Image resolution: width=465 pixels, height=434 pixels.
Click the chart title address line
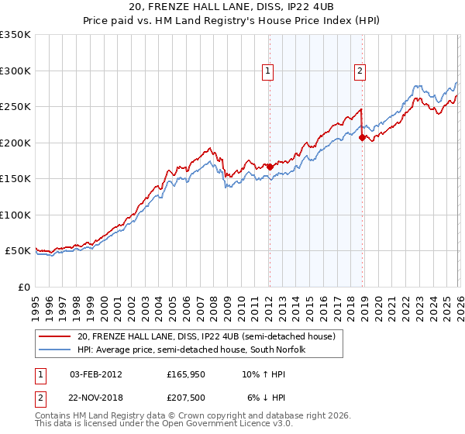click(232, 6)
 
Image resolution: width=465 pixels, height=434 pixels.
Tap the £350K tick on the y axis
click(15, 35)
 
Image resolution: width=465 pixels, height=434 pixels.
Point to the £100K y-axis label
click(15, 215)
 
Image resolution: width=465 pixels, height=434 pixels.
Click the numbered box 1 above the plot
click(268, 71)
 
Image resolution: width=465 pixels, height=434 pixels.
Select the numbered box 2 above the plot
click(361, 71)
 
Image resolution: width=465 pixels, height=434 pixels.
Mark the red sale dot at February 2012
click(269, 167)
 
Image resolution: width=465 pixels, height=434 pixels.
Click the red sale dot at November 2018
click(362, 137)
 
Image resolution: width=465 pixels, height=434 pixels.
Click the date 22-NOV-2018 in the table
click(96, 397)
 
